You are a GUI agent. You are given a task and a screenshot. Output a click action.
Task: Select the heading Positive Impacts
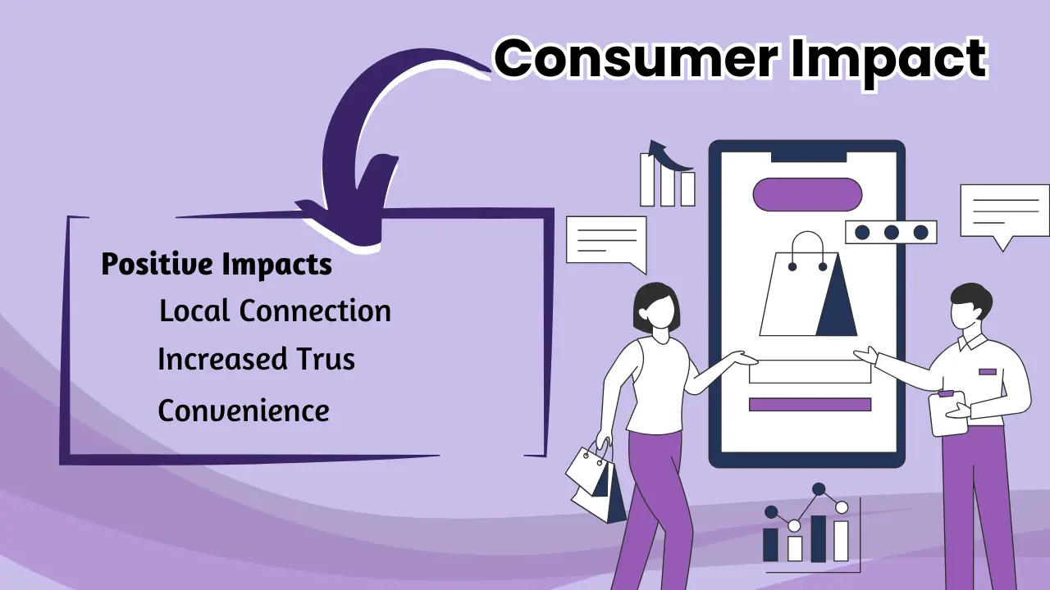pyautogui.click(x=217, y=265)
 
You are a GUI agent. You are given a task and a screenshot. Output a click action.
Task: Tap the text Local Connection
pyautogui.click(x=275, y=311)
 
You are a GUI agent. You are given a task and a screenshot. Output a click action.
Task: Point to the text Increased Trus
pyautogui.click(x=256, y=360)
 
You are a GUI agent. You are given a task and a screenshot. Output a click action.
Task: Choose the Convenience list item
pyautogui.click(x=244, y=410)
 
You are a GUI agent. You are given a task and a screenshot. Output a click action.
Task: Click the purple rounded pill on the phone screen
pyautogui.click(x=807, y=194)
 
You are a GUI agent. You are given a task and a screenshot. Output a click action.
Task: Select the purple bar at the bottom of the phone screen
pyautogui.click(x=810, y=404)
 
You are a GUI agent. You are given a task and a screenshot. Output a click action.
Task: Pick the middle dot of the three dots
pyautogui.click(x=891, y=233)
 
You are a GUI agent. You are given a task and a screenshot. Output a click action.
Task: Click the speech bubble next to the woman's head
pyautogui.click(x=606, y=242)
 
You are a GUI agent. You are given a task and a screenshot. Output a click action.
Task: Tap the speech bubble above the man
pyautogui.click(x=1004, y=214)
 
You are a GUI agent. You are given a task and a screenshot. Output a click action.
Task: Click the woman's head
pyautogui.click(x=657, y=306)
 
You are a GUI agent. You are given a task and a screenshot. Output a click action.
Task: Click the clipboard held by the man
pyautogui.click(x=947, y=413)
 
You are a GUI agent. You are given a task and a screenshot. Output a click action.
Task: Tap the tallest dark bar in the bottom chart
pyautogui.click(x=818, y=538)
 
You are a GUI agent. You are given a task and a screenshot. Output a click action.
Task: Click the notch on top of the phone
pyautogui.click(x=807, y=155)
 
